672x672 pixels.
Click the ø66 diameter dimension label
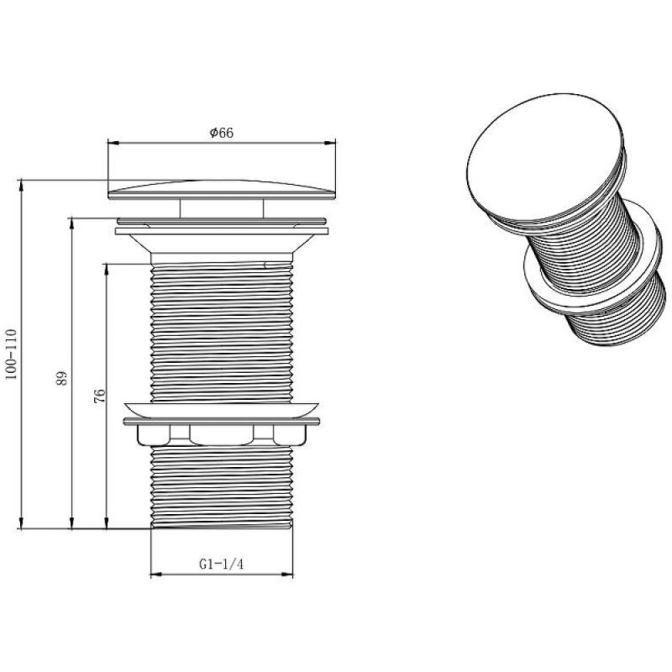pos(222,133)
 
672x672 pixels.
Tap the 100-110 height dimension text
pos(11,354)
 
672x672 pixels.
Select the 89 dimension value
pos(61,378)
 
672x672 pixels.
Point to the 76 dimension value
pos(98,396)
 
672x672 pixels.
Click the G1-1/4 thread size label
pos(221,564)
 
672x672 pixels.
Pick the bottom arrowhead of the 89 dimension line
pos(71,522)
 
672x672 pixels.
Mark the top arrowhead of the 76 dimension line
pos(107,269)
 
